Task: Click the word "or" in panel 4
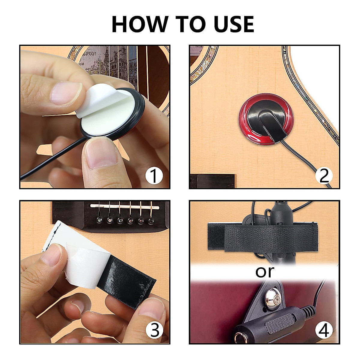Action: (265, 271)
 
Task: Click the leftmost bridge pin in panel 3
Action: (99, 221)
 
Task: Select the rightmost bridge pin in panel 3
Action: (151, 221)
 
